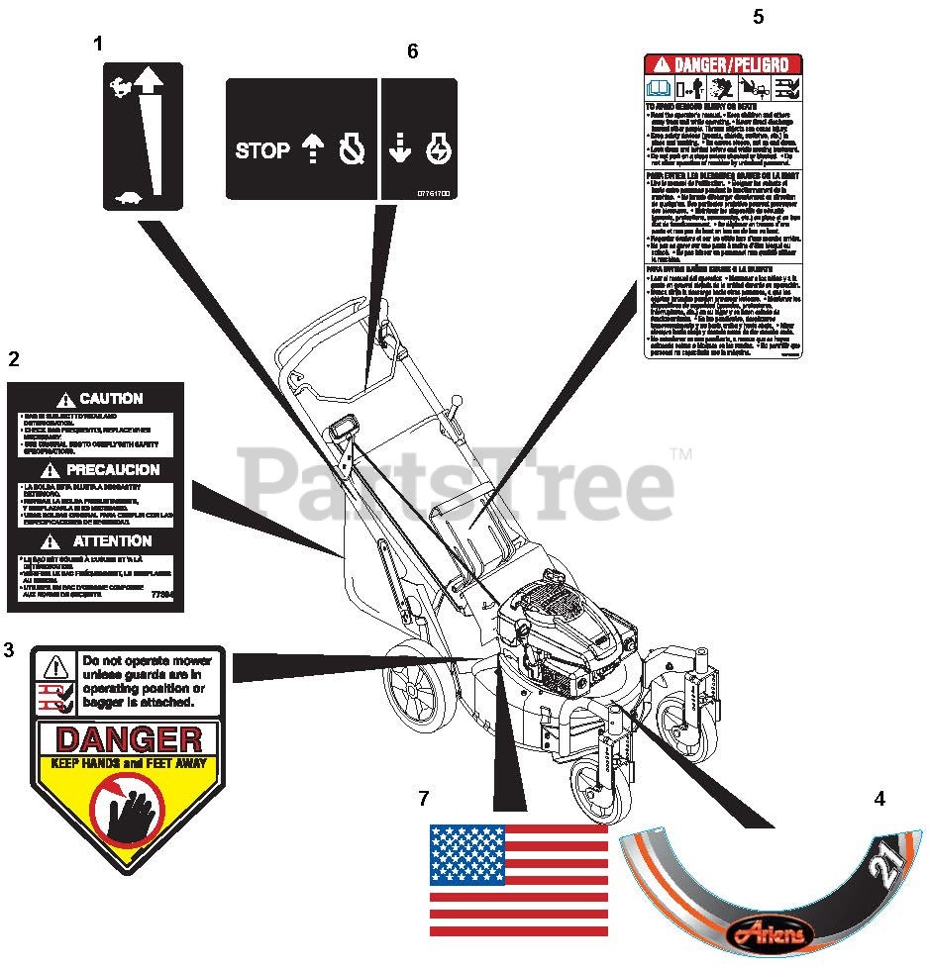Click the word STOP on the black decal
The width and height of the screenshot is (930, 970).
262,150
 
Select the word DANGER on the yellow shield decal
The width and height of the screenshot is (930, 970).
129,739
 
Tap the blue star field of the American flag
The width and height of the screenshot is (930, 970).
466,854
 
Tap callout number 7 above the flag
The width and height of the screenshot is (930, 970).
424,797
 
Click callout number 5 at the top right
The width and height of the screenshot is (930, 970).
759,17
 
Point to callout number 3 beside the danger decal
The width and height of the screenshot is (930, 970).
10,650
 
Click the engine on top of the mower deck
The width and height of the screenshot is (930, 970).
560,633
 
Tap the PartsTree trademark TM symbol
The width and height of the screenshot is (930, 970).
680,454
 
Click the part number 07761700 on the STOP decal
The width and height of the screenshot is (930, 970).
433,194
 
